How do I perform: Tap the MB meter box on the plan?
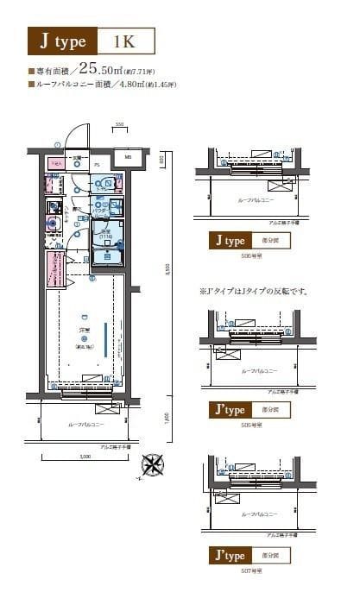[127, 158]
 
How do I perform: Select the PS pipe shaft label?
[97, 164]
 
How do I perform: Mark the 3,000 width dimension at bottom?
[85, 457]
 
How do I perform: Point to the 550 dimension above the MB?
[120, 126]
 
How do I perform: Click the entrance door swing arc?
[79, 137]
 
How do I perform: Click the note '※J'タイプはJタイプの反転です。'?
[254, 291]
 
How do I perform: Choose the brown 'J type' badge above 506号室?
[229, 241]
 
